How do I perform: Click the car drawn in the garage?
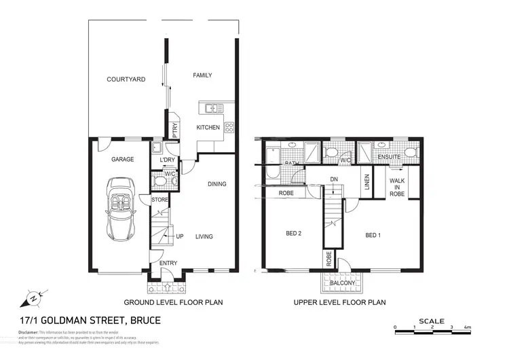click(121, 213)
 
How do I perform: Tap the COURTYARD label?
click(126, 79)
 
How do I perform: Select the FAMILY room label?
click(202, 75)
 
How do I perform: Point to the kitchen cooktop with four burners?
click(229, 126)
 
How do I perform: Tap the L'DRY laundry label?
click(167, 160)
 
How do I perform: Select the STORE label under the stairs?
click(159, 200)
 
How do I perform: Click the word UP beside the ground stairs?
click(180, 236)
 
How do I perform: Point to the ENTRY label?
click(168, 264)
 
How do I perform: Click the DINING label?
click(217, 184)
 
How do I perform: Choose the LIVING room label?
click(204, 236)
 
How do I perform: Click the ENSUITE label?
click(390, 157)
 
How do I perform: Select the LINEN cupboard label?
click(366, 181)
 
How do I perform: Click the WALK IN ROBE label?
click(398, 187)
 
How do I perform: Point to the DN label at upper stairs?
click(333, 179)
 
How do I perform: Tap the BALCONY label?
click(343, 283)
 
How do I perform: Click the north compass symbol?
click(35, 297)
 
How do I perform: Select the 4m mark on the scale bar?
click(468, 328)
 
